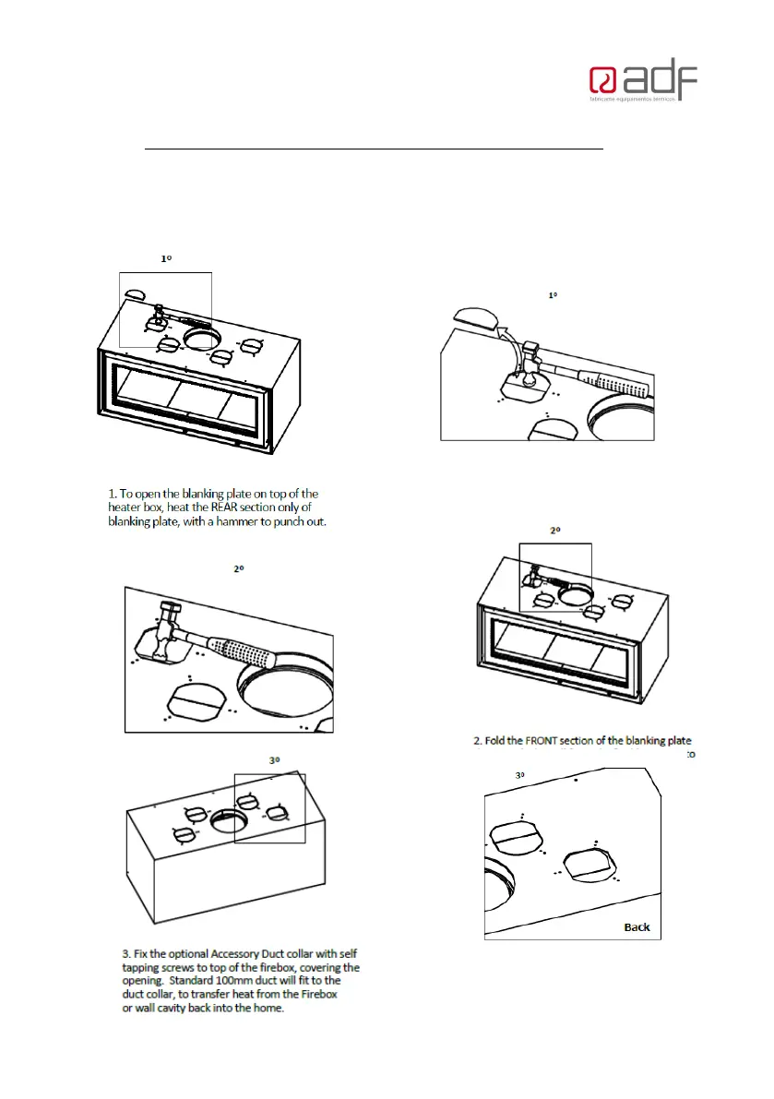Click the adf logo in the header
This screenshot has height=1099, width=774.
pos(643,83)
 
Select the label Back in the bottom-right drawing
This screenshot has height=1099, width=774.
pos(637,926)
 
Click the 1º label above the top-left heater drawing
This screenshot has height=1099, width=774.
pos(166,260)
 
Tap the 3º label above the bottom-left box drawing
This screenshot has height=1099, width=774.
pos(274,760)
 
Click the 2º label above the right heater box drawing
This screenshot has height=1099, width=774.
pos(555,532)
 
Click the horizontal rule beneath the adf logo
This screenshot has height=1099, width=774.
pos(375,148)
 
